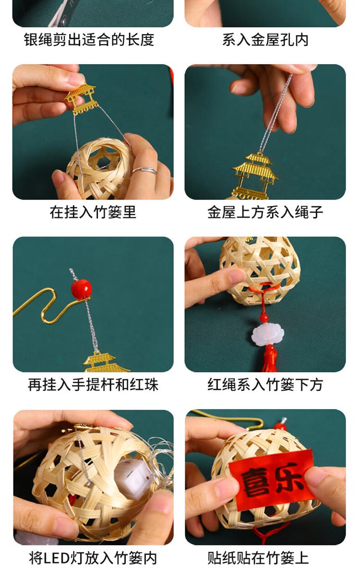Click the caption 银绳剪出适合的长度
pos(89,40)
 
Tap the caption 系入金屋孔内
pos(265,40)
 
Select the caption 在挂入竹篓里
pos(93,212)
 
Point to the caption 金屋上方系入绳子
pos(265,212)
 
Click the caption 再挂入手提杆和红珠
pos(93,385)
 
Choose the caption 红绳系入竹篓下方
pos(265,385)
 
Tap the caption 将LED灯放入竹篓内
pos(93,558)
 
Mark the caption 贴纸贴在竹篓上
pos(258,558)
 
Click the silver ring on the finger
pos(145,171)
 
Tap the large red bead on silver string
pos(82,289)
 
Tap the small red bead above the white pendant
pos(264,318)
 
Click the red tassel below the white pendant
pos(270,358)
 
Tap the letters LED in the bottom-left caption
pos(57,558)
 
